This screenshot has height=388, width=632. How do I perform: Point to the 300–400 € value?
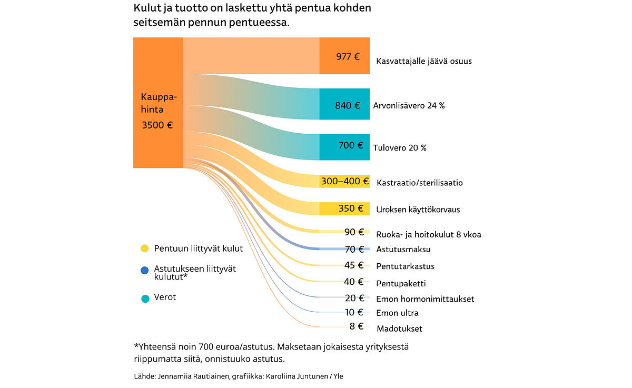345,182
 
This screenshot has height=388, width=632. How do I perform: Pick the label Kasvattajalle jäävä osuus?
424,61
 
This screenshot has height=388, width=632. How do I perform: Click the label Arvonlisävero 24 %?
409,105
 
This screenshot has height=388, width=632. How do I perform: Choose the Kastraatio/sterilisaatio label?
420,183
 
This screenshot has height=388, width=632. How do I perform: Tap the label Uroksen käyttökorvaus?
418,210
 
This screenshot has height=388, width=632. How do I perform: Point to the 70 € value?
354,249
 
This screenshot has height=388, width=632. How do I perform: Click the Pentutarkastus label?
406,266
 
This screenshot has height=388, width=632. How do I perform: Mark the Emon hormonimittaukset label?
425,299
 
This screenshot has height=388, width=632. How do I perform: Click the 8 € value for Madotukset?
357,326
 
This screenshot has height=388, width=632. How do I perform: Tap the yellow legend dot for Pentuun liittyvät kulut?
145,248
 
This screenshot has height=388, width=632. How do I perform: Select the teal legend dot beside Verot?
145,298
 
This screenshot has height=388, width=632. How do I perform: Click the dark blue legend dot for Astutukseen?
145,271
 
